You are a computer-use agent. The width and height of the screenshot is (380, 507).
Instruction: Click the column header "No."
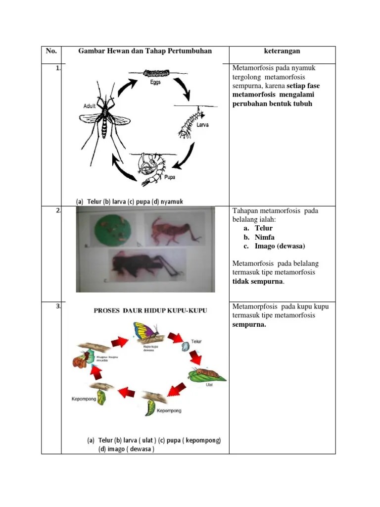pyautogui.click(x=51, y=51)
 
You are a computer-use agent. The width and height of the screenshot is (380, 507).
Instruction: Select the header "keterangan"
pyautogui.click(x=282, y=51)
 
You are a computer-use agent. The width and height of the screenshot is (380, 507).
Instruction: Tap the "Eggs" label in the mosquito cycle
pyautogui.click(x=155, y=83)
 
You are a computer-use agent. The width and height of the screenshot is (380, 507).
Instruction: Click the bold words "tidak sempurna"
pyautogui.click(x=258, y=281)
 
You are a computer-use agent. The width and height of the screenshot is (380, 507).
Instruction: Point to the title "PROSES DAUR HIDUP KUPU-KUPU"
pyautogui.click(x=150, y=310)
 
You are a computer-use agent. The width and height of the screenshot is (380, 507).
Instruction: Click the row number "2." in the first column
pyautogui.click(x=58, y=210)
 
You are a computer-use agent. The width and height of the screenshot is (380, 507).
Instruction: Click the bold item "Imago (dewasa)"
pyautogui.click(x=281, y=246)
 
